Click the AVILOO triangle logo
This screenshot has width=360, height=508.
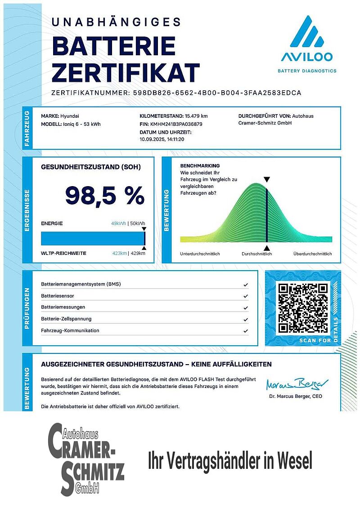tap(306, 32)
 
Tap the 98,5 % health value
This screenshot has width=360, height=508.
tap(105, 195)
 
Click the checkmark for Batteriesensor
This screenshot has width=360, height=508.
tap(245, 296)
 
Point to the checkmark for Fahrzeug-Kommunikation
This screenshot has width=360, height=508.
tap(245, 331)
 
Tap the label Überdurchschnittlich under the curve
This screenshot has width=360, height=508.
tap(312, 254)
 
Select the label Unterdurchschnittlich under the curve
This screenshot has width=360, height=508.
tap(200, 254)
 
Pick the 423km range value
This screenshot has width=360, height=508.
tap(119, 254)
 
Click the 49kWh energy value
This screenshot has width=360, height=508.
tap(119, 223)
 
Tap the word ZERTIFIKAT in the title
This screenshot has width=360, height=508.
tap(126, 72)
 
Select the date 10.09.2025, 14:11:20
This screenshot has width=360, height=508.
tap(162, 139)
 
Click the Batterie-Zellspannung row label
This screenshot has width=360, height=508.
tap(66, 319)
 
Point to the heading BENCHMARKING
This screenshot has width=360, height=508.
tap(200, 166)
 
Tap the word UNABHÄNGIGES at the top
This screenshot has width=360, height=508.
tap(116, 22)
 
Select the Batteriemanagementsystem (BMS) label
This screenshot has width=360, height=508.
tap(81, 284)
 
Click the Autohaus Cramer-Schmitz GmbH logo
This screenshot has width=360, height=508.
tap(86, 459)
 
